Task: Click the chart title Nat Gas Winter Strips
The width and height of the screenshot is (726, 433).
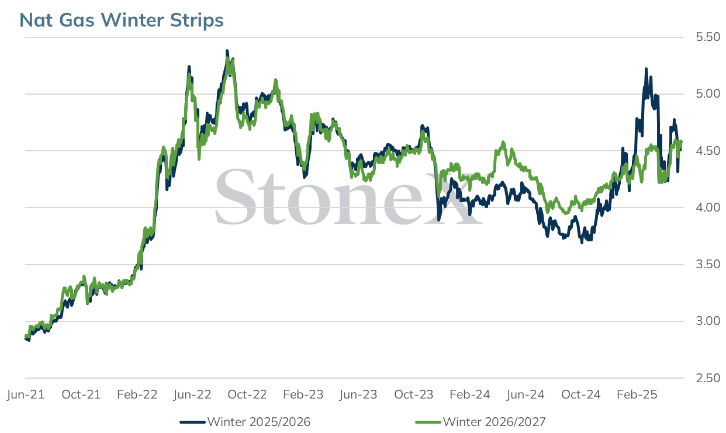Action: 122,20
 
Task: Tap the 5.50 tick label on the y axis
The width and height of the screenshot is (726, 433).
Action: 708,37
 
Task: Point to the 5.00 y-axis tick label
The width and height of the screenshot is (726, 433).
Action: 708,93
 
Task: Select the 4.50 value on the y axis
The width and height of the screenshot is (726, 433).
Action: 708,151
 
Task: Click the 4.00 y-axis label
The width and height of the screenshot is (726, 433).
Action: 708,207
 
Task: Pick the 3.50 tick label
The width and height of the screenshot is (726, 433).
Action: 708,264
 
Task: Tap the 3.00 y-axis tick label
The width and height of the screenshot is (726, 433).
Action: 708,321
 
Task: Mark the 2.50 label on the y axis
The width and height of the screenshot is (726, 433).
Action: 708,378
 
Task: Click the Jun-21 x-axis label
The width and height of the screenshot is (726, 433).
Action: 26,394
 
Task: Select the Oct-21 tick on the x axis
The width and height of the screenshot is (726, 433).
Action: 81,394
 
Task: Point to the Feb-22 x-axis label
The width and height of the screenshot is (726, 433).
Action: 137,394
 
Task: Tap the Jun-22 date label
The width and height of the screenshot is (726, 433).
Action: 192,394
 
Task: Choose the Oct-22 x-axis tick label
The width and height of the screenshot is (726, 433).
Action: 247,394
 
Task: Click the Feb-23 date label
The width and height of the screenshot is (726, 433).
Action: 303,394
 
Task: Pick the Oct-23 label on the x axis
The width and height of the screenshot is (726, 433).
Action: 413,394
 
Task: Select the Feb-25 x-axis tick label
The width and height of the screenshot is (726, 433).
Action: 637,394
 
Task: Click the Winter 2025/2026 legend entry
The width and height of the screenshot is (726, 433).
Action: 245,422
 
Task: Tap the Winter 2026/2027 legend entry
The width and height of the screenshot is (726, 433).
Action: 480,422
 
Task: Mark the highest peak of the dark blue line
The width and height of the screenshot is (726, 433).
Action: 227,51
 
